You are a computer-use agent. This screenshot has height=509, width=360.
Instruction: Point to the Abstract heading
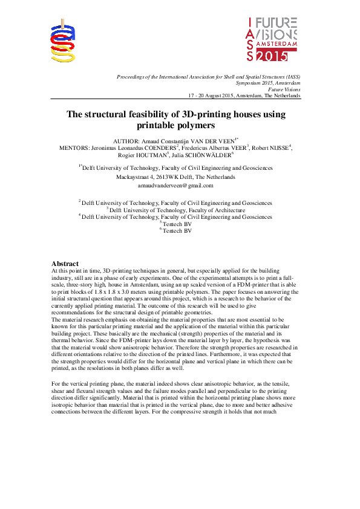(65, 264)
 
